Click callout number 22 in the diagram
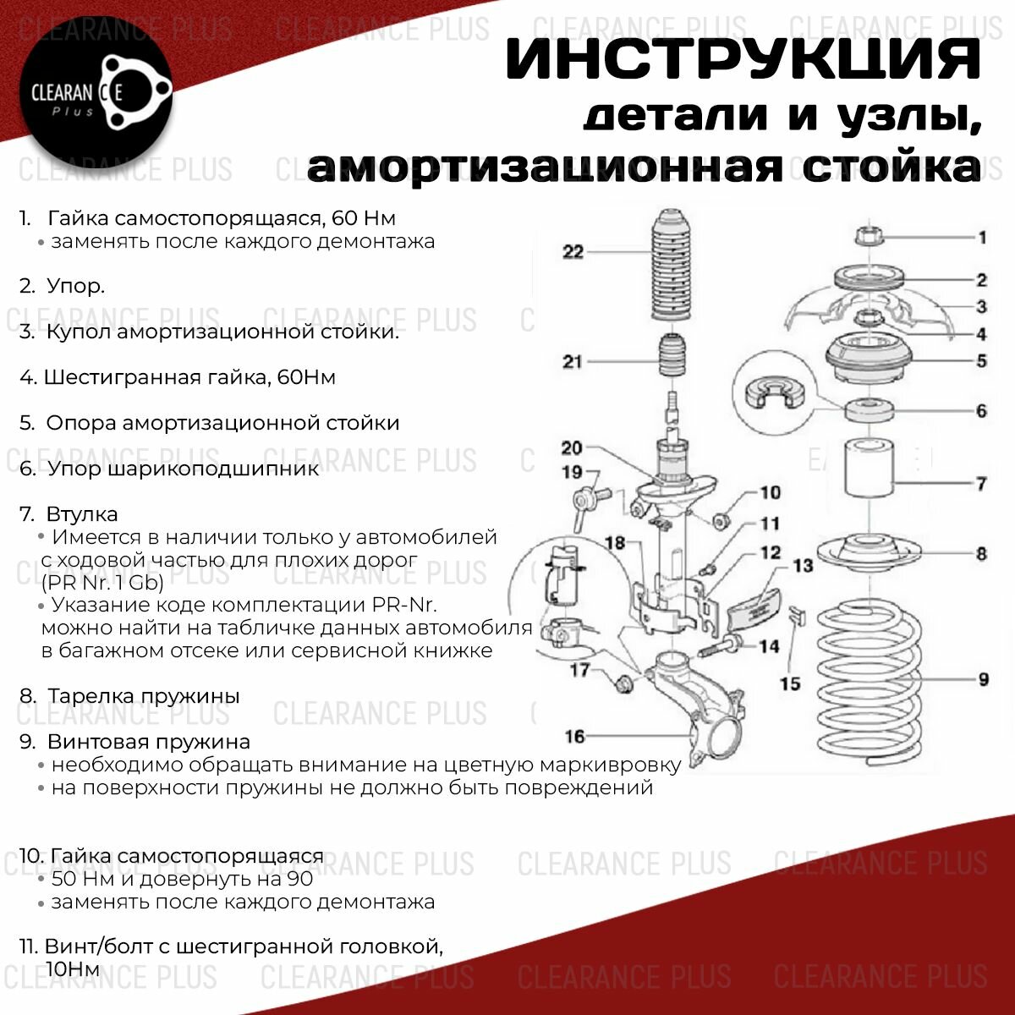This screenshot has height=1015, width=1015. (x=573, y=251)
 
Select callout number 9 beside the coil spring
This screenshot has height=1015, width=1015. (x=983, y=679)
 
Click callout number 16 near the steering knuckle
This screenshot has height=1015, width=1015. (x=574, y=736)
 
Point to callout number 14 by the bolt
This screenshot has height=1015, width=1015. (x=768, y=646)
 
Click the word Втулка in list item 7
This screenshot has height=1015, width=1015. (x=82, y=514)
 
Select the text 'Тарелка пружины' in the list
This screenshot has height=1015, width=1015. (x=143, y=696)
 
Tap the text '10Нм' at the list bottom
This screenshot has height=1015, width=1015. (x=75, y=968)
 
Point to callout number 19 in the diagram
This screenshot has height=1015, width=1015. (x=573, y=472)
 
